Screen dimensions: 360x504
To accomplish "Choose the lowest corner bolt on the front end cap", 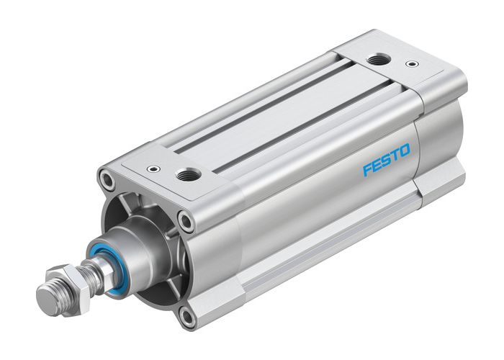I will (x=186, y=314).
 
